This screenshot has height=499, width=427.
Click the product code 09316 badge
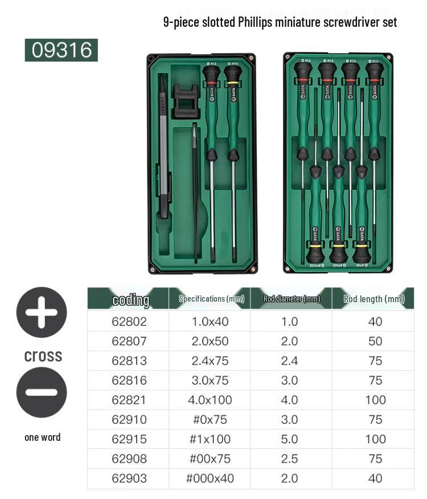pyautogui.click(x=61, y=50)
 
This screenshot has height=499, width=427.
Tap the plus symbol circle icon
pyautogui.click(x=42, y=313)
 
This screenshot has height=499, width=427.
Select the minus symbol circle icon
pyautogui.click(x=42, y=392)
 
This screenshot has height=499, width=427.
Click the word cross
pyautogui.click(x=43, y=356)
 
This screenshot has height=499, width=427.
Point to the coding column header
pyautogui.click(x=131, y=299)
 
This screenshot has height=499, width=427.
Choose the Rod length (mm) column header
pyautogui.click(x=374, y=299)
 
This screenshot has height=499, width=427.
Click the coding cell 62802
pyautogui.click(x=129, y=322)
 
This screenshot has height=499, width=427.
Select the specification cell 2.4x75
pyautogui.click(x=210, y=361)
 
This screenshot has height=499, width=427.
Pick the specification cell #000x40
pyautogui.click(x=210, y=478)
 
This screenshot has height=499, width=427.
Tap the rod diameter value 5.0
pyautogui.click(x=290, y=439)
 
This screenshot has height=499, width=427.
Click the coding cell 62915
pyautogui.click(x=129, y=439)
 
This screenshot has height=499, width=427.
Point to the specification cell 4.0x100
pyautogui.click(x=210, y=400)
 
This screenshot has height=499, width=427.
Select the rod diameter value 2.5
pyautogui.click(x=290, y=459)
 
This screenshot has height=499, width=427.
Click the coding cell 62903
pyautogui.click(x=129, y=478)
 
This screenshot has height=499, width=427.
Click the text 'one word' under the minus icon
pyautogui.click(x=42, y=437)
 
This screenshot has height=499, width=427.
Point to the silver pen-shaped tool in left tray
pyautogui.click(x=163, y=154)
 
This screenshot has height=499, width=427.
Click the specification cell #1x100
pyautogui.click(x=210, y=439)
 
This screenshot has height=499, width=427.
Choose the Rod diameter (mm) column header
pyautogui.click(x=291, y=299)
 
